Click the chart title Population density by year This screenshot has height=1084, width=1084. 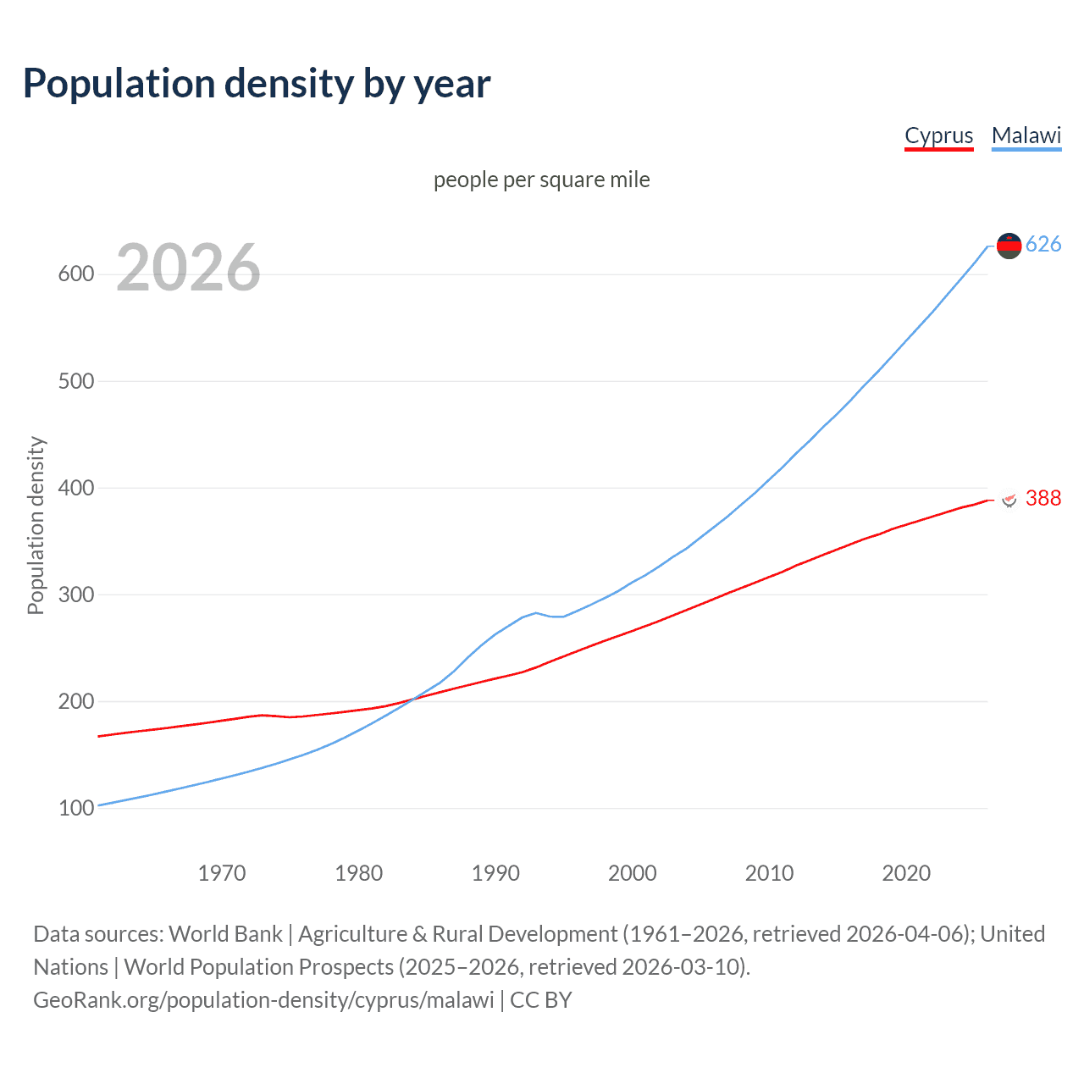(257, 84)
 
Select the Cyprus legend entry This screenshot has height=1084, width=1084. (938, 135)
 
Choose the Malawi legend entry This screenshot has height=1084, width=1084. (1026, 135)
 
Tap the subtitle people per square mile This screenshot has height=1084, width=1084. (541, 180)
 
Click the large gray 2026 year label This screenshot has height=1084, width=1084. (188, 268)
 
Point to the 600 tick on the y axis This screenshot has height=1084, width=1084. (76, 274)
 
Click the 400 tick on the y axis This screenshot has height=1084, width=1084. (76, 488)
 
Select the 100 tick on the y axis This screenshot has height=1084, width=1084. (76, 808)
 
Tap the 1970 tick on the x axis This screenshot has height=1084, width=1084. (222, 873)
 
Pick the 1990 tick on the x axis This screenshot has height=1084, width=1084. (495, 873)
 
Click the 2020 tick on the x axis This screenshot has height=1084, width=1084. (906, 873)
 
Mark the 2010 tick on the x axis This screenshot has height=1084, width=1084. (769, 873)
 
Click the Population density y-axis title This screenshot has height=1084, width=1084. (36, 525)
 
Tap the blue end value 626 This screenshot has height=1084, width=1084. (1043, 245)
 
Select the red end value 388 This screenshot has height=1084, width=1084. (1043, 498)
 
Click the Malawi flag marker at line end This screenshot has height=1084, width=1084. (1009, 246)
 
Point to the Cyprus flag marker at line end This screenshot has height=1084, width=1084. (1009, 499)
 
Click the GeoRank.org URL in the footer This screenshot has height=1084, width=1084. (263, 1000)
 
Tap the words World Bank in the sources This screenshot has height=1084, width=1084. (225, 934)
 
